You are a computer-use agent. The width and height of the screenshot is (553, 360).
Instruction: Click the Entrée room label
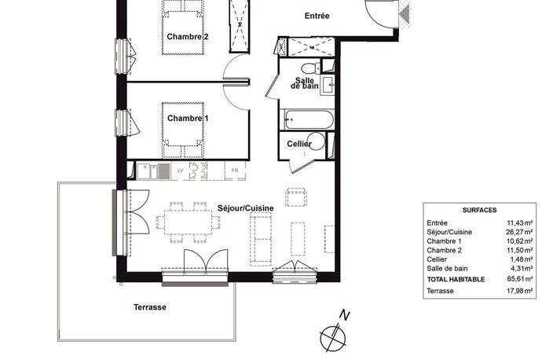[317, 16]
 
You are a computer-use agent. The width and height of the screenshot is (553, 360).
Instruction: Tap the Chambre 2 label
[187, 37]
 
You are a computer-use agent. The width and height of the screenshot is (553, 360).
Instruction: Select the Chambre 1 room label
[187, 118]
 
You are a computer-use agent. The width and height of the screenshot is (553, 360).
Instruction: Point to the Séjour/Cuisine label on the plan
[245, 208]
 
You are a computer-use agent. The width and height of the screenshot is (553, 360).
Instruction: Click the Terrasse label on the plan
[150, 307]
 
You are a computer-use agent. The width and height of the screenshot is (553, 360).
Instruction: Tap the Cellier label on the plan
[299, 144]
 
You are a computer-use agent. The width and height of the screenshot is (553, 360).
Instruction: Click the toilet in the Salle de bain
[311, 68]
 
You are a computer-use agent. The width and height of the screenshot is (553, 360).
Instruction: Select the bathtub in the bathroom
[309, 119]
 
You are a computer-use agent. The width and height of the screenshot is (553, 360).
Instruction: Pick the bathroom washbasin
[328, 86]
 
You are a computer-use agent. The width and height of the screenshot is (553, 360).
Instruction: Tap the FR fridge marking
[235, 171]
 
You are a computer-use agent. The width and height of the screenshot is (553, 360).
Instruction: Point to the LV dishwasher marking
[180, 171]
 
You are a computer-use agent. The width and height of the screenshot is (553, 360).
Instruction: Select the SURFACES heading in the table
[479, 210]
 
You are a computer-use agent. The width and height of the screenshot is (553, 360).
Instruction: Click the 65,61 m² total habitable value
[519, 279]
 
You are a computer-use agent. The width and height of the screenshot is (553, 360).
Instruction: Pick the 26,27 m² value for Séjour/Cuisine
[519, 232]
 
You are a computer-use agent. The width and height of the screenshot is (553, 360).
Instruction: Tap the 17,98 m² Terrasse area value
[519, 291]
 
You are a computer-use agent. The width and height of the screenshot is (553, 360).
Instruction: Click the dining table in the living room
[189, 222]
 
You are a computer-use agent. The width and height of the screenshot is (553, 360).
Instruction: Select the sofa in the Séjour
[261, 239]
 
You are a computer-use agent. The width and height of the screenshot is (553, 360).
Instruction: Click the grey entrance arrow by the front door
[405, 14]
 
